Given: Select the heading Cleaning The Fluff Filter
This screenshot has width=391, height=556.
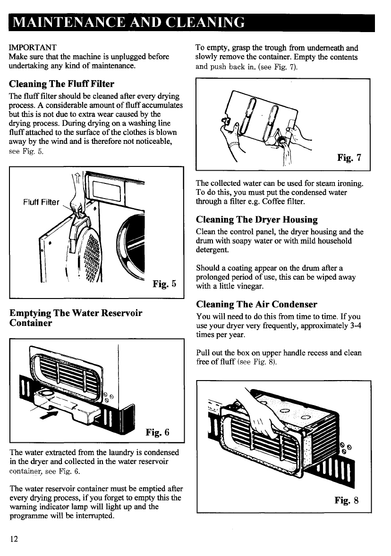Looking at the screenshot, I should pyautogui.click(x=62, y=84).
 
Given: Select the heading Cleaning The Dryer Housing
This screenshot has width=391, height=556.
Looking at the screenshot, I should pyautogui.click(x=257, y=220).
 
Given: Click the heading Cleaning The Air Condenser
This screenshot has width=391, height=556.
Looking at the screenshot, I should pyautogui.click(x=256, y=304).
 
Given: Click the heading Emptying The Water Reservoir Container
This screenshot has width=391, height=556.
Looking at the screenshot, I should pyautogui.click(x=76, y=318).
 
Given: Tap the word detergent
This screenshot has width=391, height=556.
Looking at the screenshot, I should pyautogui.click(x=212, y=249).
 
